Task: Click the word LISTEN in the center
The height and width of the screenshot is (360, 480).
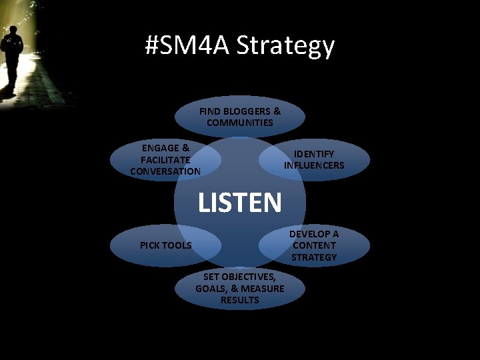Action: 240,202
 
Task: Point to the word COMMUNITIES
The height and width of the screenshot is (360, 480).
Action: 240,123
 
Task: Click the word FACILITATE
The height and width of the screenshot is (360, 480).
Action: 165,160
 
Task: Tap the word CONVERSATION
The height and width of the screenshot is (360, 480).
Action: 165,171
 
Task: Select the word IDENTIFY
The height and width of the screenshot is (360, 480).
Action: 314,154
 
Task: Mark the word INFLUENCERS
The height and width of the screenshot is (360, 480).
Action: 314,165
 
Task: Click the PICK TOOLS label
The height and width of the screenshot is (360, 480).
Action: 165,245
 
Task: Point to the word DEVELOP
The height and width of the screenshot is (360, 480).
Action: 314,234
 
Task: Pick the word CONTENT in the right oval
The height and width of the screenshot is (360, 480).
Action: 314,245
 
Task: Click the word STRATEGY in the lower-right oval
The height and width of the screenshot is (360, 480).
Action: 314,257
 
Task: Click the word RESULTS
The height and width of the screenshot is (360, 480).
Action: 240,300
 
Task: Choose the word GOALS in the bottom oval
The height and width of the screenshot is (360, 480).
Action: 209,289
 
